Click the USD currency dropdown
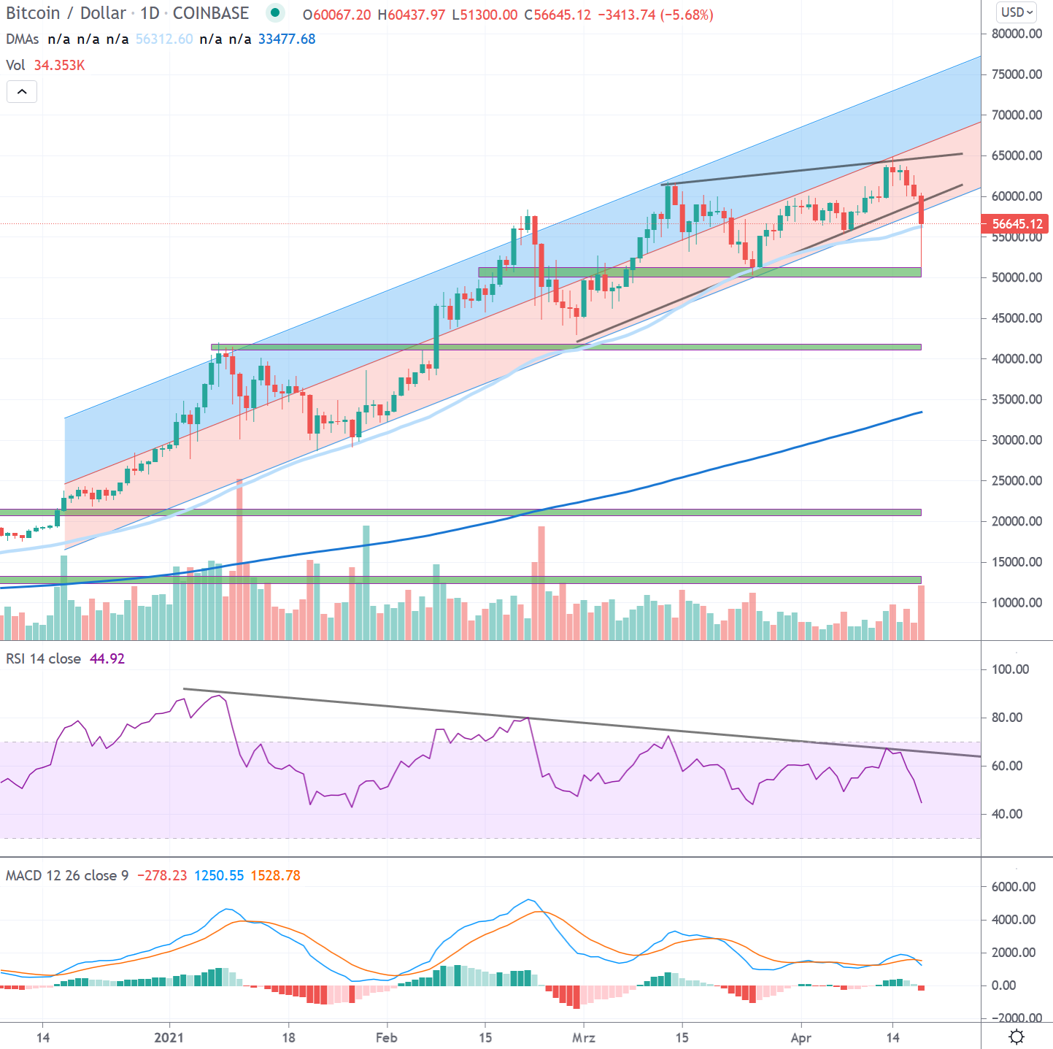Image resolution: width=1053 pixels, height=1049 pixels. point(1017,12)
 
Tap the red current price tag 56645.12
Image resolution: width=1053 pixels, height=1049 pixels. point(1017,224)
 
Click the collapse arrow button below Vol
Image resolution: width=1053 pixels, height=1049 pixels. point(22,91)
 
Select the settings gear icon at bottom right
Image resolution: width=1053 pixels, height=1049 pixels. point(1016,1037)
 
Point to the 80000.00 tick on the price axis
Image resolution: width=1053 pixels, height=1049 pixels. point(1017,34)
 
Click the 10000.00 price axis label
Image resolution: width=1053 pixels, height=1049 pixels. point(1017,603)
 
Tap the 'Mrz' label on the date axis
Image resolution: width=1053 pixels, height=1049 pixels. point(584,1037)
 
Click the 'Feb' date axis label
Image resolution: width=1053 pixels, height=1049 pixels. point(386,1037)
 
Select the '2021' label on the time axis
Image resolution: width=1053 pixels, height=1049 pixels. point(169,1037)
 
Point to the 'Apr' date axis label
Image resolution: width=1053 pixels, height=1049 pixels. point(801,1037)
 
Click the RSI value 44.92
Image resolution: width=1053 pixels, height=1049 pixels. point(107,658)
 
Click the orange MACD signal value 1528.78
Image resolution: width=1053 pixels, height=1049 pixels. point(275,875)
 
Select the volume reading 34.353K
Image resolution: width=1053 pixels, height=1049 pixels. point(59,65)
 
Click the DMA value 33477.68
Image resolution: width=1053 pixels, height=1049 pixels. point(287,39)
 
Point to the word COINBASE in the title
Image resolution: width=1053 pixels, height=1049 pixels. point(211,13)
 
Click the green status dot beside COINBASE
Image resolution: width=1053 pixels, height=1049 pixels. point(274,12)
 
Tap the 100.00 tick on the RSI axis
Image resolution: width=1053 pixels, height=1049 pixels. point(1010,669)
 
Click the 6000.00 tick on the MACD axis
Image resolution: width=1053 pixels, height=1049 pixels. point(1013,887)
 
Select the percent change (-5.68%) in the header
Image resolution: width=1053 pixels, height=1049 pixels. point(686,15)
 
